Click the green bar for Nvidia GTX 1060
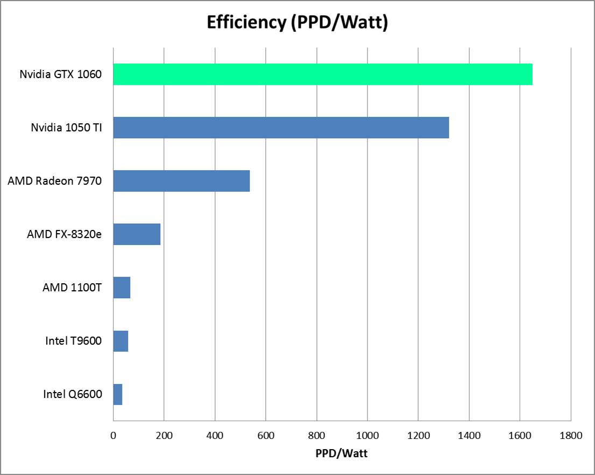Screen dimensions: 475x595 point(323,74)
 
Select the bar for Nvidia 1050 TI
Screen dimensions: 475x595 point(281,128)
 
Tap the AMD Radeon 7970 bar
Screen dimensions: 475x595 point(181,181)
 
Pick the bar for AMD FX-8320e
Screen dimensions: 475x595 point(137,234)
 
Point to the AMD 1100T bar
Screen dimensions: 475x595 point(122,288)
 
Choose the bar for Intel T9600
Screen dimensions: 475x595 point(121,341)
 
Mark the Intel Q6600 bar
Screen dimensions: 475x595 point(118,394)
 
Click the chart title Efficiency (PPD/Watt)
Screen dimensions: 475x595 point(297,22)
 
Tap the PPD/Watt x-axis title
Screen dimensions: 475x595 point(342,453)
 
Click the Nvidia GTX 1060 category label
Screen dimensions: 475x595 point(60,74)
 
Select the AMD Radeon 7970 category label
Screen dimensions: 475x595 point(54,181)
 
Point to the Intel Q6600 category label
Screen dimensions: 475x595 point(73,394)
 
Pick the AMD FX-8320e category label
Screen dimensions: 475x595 point(64,234)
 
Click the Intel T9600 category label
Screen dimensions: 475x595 point(74,341)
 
